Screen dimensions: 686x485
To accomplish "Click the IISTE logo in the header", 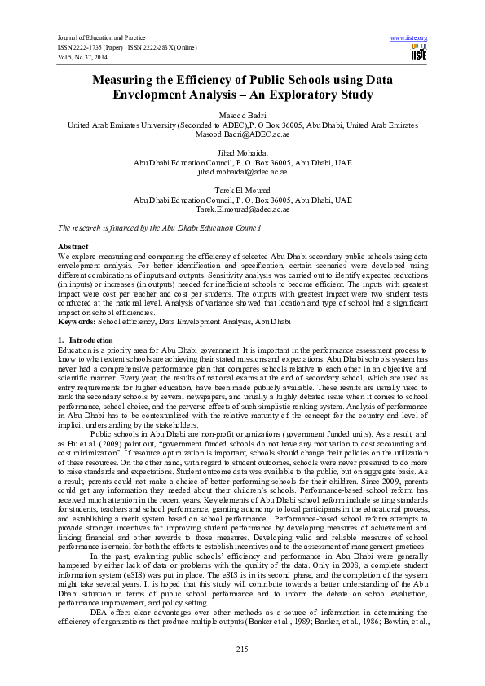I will pyautogui.click(x=419, y=53).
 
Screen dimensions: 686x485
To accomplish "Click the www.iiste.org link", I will pyautogui.click(x=409, y=38).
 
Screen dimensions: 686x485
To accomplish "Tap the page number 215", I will pyautogui.click(x=241, y=648).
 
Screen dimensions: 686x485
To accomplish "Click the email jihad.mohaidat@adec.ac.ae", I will pyautogui.click(x=242, y=172).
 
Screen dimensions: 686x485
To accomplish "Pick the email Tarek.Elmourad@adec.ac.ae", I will pyautogui.click(x=242, y=209).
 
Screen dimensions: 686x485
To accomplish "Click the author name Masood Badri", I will pyautogui.click(x=242, y=116).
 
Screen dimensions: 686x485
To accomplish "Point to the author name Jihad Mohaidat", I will pyautogui.click(x=242, y=153).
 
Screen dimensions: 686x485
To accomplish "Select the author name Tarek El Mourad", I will pyautogui.click(x=242, y=191).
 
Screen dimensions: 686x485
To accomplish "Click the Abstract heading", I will pyautogui.click(x=73, y=246).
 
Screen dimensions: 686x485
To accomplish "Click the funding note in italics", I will pyautogui.click(x=158, y=228).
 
